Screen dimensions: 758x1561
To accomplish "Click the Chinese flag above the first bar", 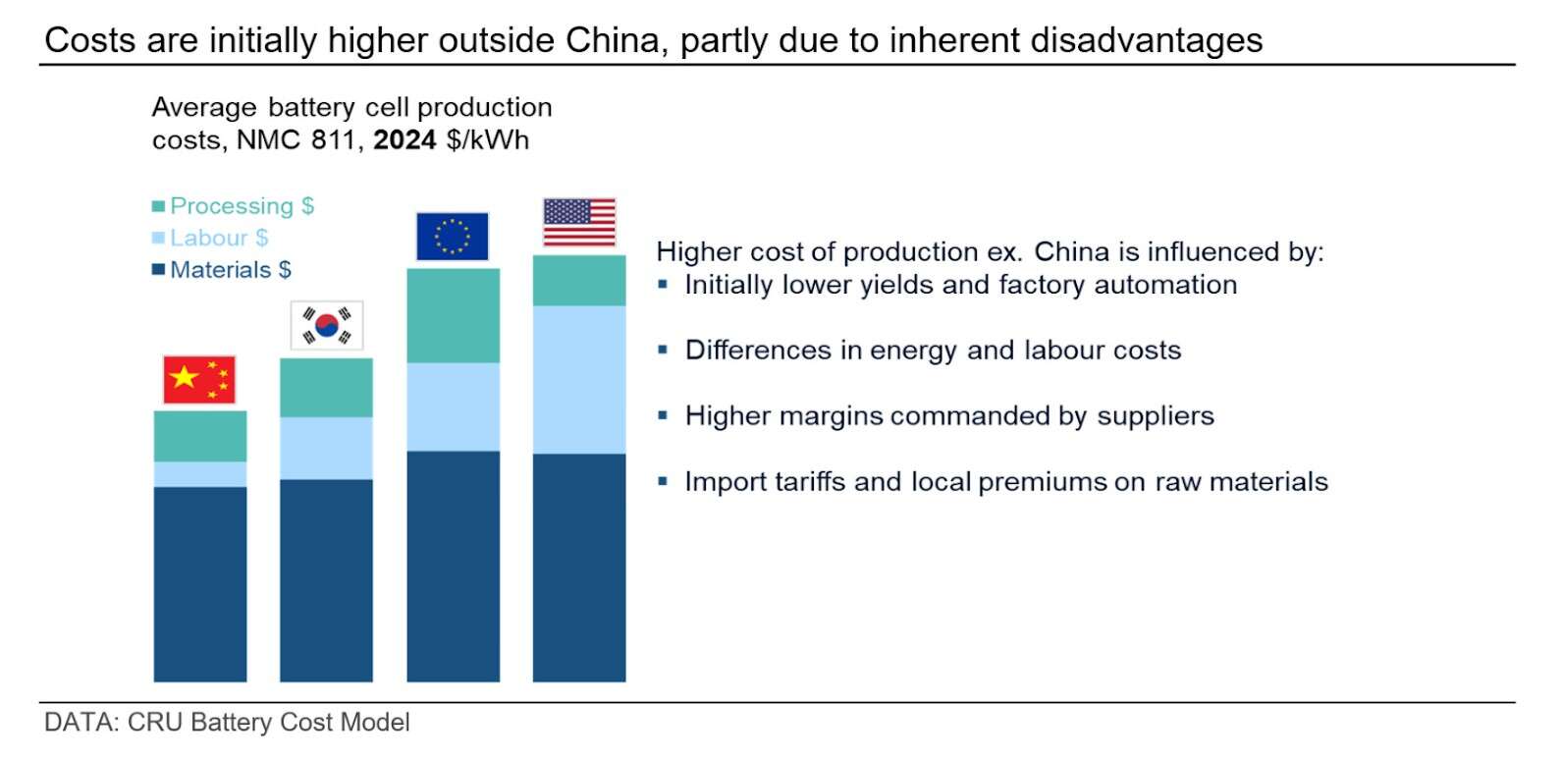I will point(199,380).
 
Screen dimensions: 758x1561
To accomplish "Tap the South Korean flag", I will point(327,325).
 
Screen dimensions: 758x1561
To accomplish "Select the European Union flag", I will point(453,237).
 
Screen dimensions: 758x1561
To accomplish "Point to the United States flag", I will point(579,222).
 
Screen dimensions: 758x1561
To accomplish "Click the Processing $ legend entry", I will point(233,206).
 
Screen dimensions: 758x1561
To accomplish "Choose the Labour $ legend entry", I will point(210,238).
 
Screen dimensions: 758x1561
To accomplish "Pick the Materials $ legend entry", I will point(222,270).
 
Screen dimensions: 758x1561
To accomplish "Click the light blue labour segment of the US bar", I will point(579,379).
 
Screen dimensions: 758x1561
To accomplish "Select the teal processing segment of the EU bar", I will point(453,315).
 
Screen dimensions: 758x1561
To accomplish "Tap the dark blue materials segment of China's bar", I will point(200,583).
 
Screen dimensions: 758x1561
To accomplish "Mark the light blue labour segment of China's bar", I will point(200,474).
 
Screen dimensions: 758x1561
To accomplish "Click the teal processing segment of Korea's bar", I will point(326,388).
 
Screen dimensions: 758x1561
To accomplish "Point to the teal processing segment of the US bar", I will point(579,281).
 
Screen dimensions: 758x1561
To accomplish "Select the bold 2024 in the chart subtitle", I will point(404,140).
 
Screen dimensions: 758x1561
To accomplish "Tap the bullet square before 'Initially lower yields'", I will point(664,285).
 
